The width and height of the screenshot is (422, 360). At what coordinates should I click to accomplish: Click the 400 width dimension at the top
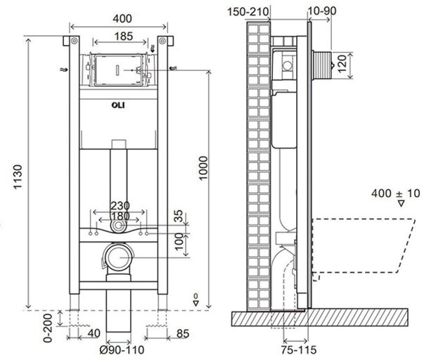pos(122,18)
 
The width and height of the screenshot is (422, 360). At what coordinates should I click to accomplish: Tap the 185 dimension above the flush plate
pos(124,36)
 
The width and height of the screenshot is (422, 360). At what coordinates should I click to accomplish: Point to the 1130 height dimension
pos(18,176)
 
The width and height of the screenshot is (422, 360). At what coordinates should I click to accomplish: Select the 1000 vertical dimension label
pos(203,168)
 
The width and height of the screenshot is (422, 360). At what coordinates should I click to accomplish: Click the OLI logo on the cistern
pos(118,105)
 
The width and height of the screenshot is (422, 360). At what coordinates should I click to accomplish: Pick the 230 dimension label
pos(120,206)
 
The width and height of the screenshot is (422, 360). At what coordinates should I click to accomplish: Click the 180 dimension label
pos(120,216)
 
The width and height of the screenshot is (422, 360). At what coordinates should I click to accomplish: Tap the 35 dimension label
pos(179,216)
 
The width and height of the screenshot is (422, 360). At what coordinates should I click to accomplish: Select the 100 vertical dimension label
pos(179,242)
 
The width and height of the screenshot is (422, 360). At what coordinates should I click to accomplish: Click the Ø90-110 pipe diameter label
pos(122,349)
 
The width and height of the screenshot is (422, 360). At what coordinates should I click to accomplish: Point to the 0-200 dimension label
pos(48,328)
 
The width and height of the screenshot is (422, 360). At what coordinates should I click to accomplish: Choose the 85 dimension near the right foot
pos(183,333)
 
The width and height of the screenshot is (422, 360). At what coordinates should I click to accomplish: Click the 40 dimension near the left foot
pos(94,333)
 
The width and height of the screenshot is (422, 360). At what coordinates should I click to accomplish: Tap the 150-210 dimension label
pos(248,12)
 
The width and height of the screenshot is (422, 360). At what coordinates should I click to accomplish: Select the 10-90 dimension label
pos(322,11)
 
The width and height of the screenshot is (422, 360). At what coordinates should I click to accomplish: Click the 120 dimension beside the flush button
pos(342,64)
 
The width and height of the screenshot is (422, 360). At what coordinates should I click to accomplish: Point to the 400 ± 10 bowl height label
pos(395,193)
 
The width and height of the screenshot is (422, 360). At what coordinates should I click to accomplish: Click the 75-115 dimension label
pos(299,349)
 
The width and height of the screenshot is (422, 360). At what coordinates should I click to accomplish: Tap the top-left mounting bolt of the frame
pos(75,41)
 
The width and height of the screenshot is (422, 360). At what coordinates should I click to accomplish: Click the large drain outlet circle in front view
pos(118,257)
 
